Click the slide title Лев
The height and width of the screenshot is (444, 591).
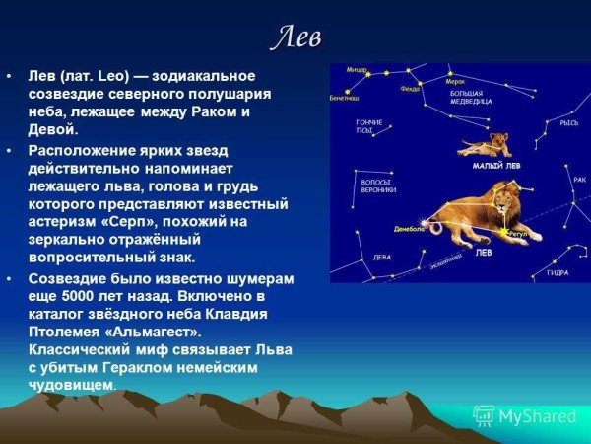[296, 37]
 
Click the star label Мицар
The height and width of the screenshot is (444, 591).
[357, 70]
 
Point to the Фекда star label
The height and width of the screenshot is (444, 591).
[410, 88]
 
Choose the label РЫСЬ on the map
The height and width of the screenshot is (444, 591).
[568, 123]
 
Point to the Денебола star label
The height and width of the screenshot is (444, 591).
[408, 228]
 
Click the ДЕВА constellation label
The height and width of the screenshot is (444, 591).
[381, 257]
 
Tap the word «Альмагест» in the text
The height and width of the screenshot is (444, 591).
[201, 332]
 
